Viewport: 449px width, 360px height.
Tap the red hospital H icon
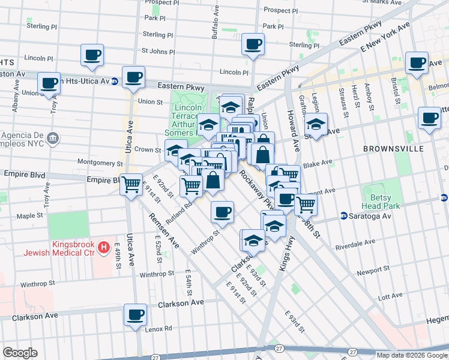coord(104,246)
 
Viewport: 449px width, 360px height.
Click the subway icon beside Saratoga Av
coord(344,215)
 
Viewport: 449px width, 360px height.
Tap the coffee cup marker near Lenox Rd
coord(135,315)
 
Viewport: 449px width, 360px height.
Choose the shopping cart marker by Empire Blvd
coord(131,185)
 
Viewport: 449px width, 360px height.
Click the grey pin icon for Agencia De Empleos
coord(53,139)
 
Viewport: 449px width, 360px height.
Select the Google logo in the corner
coord(20,353)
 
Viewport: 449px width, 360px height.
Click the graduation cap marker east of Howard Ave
coord(315,125)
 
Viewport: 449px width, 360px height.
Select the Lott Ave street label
coord(391,296)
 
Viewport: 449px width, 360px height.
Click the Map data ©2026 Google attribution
coord(412,355)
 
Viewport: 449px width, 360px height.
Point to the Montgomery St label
coord(100,163)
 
